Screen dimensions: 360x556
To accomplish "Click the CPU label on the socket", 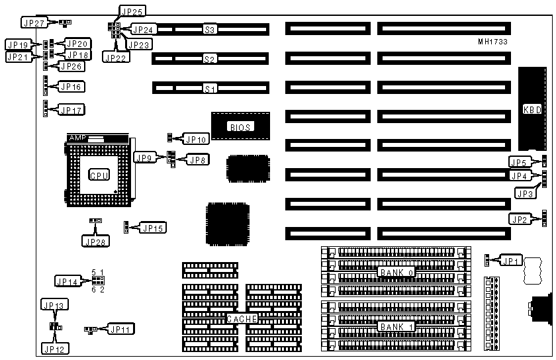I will pyautogui.click(x=99, y=175).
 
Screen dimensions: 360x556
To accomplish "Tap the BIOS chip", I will pyautogui.click(x=240, y=126).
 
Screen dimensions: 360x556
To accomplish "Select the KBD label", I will pyautogui.click(x=532, y=109).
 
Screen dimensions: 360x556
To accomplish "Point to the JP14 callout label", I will pyautogui.click(x=68, y=282).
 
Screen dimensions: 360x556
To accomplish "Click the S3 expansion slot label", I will pyautogui.click(x=210, y=29).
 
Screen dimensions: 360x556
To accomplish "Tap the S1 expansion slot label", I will pyautogui.click(x=210, y=87).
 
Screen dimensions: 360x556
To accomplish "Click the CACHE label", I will pyautogui.click(x=242, y=319).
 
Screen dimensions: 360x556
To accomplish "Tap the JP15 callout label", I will pyautogui.click(x=154, y=228).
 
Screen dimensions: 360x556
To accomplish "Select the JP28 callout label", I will pyautogui.click(x=95, y=241).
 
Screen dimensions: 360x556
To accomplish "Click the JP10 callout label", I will pyautogui.click(x=197, y=139).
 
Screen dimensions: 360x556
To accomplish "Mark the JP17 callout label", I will pyautogui.click(x=71, y=109).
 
